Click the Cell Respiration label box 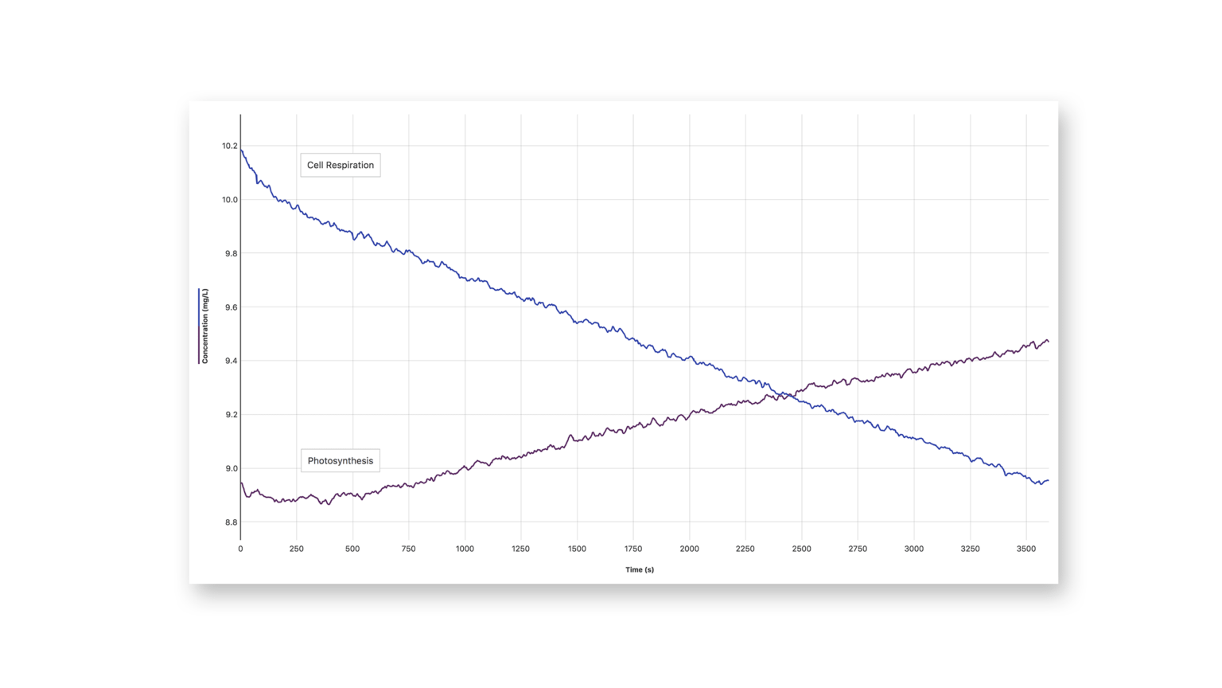coord(340,165)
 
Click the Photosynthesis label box coord(340,460)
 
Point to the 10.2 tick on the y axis coord(229,146)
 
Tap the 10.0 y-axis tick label coord(229,200)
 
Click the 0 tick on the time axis coord(240,549)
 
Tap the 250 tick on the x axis coord(296,549)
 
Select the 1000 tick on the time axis coord(465,549)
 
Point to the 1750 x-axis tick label coord(633,549)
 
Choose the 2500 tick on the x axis coord(801,549)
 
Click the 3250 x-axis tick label coord(970,549)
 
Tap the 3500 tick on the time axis coord(1025,549)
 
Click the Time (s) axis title coord(639,569)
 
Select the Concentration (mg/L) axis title coord(204,326)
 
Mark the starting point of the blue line coord(241,149)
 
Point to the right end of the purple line coord(1048,342)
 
